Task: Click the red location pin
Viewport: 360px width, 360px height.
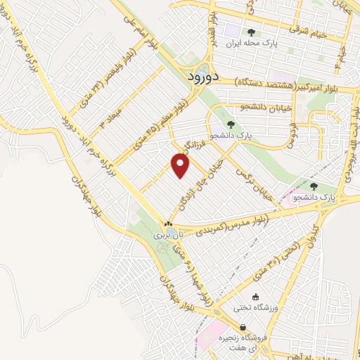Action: coord(181,166)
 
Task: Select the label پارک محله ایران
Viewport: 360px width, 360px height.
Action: coord(251,43)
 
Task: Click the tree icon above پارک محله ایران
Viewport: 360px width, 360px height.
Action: coord(251,32)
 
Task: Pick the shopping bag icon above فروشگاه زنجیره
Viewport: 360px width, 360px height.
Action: coord(243,328)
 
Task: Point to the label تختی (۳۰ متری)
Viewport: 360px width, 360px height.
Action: coord(286,257)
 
